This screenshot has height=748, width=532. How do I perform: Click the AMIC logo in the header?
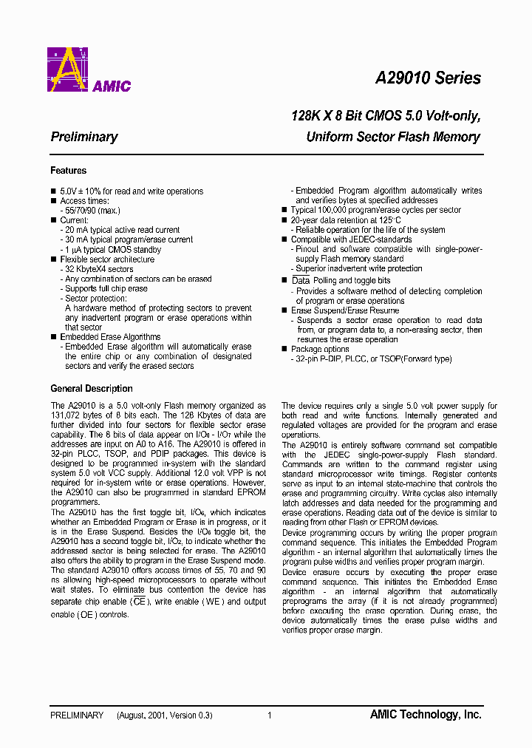click(89, 70)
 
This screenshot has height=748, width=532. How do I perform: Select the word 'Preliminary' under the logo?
click(84, 137)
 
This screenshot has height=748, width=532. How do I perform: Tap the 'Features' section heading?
click(68, 171)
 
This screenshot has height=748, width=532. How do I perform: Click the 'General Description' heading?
click(92, 389)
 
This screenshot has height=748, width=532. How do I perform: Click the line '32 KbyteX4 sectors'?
click(99, 269)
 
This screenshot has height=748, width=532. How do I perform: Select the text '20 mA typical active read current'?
click(122, 230)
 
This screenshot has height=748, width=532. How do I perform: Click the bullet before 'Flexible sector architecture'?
click(53, 259)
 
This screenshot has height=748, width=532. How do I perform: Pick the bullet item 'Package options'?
click(320, 349)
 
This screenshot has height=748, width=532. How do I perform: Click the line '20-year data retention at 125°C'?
click(346, 220)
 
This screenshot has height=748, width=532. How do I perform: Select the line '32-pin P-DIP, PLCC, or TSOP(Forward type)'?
click(373, 359)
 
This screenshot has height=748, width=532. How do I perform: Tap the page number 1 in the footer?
click(270, 715)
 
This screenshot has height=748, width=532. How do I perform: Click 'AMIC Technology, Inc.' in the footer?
click(426, 715)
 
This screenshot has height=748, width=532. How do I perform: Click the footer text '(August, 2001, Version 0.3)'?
click(164, 715)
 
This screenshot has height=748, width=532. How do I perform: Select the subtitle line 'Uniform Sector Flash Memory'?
click(393, 137)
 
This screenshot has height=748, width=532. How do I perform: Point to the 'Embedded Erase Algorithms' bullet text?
click(110, 337)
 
